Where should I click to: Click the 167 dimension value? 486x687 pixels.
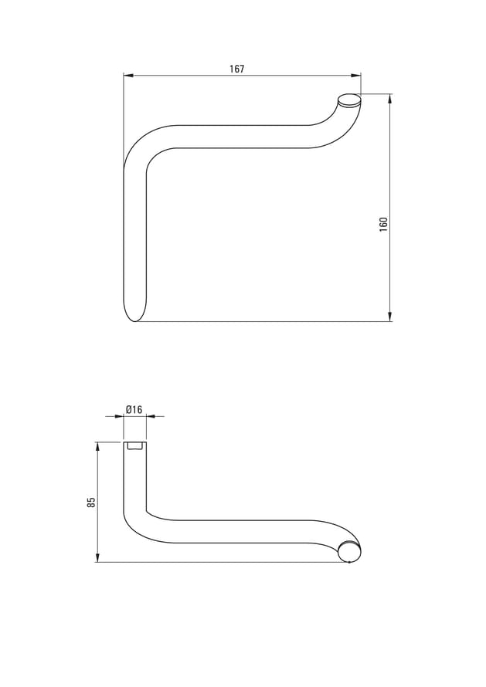pyautogui.click(x=237, y=69)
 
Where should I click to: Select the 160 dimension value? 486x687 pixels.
pyautogui.click(x=384, y=225)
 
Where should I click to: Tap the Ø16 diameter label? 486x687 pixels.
pyautogui.click(x=134, y=409)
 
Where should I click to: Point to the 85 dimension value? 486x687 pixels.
pyautogui.click(x=91, y=502)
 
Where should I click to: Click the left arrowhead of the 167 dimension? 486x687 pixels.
pyautogui.click(x=128, y=76)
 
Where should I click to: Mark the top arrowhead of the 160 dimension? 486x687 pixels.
pyautogui.click(x=390, y=99)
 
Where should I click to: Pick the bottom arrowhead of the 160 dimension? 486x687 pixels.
pyautogui.click(x=390, y=316)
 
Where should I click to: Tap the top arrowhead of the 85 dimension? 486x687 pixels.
pyautogui.click(x=97, y=448)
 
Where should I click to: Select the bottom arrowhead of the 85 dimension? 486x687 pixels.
pyautogui.click(x=97, y=557)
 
